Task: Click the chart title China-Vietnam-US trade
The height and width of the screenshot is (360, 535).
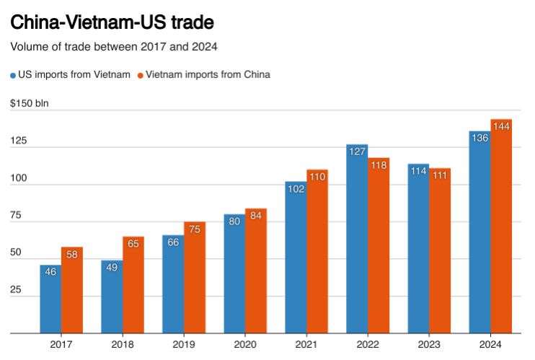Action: click(x=112, y=22)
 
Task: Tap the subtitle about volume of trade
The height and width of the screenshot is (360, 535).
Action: click(x=114, y=47)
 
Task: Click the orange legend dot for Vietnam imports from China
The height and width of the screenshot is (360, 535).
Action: click(x=141, y=74)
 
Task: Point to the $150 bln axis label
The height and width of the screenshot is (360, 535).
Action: click(x=29, y=103)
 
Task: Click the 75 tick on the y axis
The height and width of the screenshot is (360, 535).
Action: click(x=15, y=216)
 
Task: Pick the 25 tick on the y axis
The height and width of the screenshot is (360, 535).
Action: click(x=15, y=290)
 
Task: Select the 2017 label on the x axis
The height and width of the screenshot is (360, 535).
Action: click(x=61, y=345)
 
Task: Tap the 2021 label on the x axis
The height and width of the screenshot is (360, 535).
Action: click(x=306, y=345)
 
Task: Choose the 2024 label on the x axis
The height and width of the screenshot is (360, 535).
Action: click(x=490, y=345)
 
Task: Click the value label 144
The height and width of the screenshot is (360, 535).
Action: click(x=501, y=126)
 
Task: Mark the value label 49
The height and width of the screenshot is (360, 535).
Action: click(x=112, y=267)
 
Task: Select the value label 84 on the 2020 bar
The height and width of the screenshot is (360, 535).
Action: click(x=256, y=215)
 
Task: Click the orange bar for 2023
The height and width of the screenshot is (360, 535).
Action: click(x=440, y=253)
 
